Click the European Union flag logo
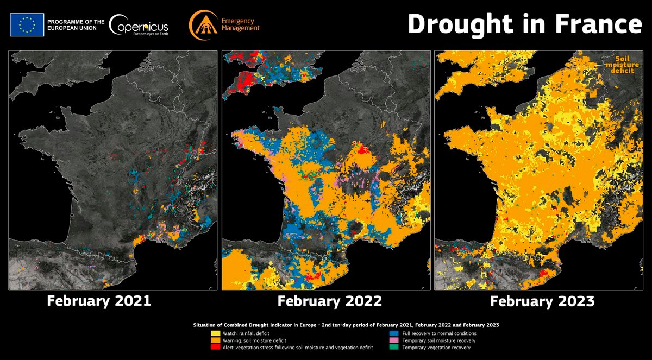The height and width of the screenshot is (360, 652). point(27,24)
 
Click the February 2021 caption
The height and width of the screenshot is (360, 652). point(99,300)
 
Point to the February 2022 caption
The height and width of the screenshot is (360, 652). point(330,300)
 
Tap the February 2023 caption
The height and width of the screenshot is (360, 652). point(542,300)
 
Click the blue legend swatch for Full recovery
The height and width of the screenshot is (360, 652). point(393,333)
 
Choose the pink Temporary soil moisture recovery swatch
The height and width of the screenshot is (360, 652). point(393,340)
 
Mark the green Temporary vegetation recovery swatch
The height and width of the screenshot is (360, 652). point(393,348)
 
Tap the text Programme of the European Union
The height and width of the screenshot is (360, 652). point(76,24)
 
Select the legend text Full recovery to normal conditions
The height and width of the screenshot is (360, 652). point(439,333)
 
